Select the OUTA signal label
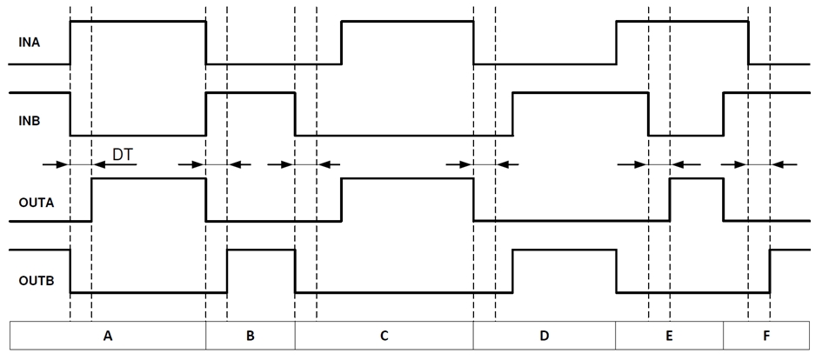coord(36,203)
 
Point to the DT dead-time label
coord(122,154)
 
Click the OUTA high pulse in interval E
coord(696,199)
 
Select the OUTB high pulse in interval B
coord(261,270)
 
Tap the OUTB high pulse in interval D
coord(564,270)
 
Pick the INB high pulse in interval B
coord(251,113)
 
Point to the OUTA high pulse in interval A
coord(149,199)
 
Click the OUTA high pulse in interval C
coord(407,199)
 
